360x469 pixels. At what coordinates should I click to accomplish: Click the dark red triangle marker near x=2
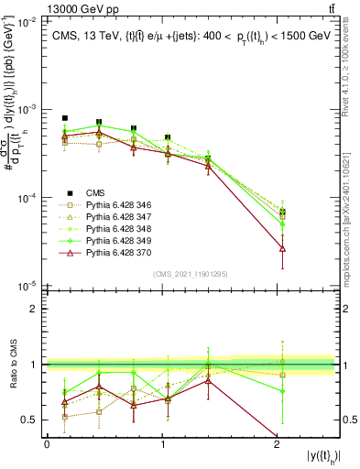point(282,248)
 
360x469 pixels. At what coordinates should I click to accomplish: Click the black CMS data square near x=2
point(282,213)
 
